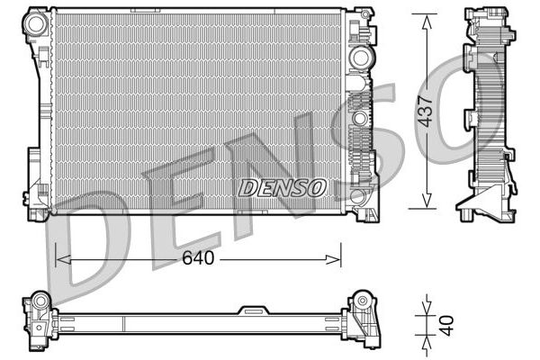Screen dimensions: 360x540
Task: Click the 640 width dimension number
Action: pyautogui.click(x=198, y=258)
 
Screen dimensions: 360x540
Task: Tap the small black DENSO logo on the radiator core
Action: pyautogui.click(x=282, y=187)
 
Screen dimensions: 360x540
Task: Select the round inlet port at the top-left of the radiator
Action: pyautogui.click(x=37, y=26)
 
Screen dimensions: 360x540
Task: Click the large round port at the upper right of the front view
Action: pyautogui.click(x=360, y=58)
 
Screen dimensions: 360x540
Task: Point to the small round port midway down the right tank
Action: pyautogui.click(x=359, y=118)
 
